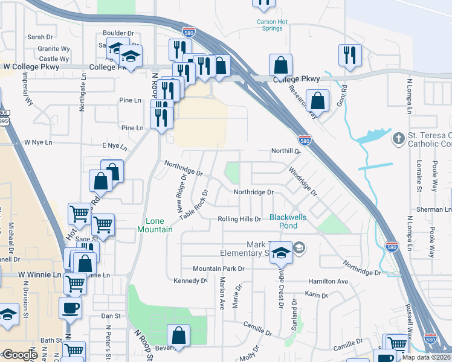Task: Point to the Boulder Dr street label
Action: (118, 33)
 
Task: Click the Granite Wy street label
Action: (53, 48)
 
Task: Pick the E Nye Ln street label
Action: (115, 146)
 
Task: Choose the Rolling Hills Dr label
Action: (239, 219)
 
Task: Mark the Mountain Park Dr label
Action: (218, 268)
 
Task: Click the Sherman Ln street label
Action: (437, 209)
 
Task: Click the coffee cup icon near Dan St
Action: (70, 308)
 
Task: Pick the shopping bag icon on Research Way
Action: (317, 100)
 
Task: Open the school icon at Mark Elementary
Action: (281, 252)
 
